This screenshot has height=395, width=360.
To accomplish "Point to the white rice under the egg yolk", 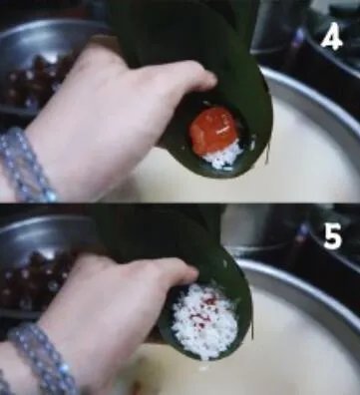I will [223, 155].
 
